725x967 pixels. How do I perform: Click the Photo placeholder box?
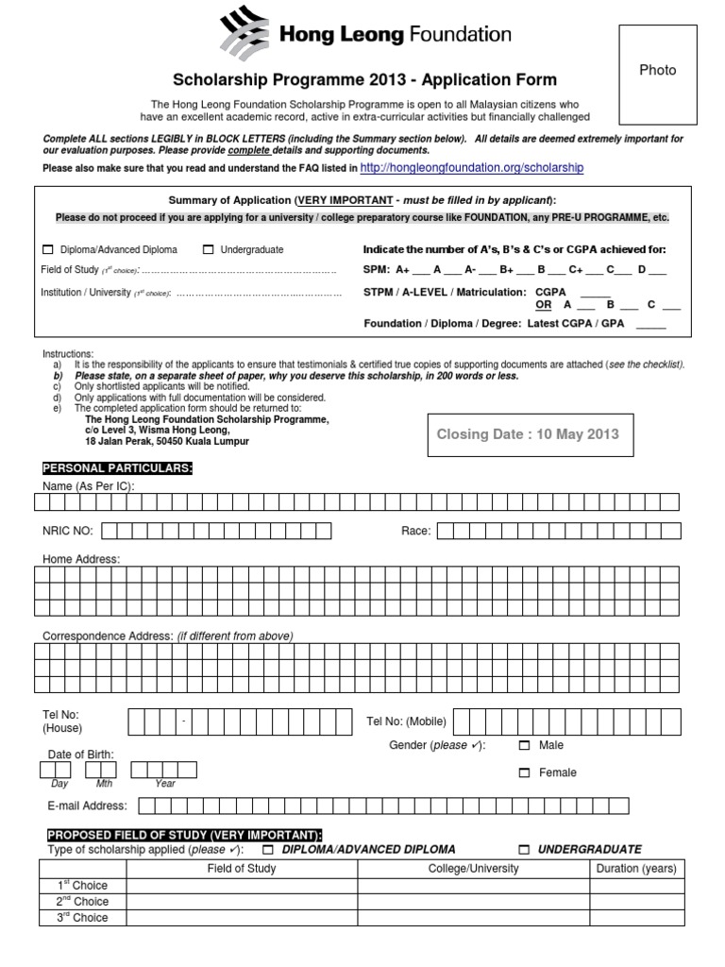pyautogui.click(x=657, y=75)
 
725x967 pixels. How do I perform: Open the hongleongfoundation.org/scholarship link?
pyautogui.click(x=472, y=168)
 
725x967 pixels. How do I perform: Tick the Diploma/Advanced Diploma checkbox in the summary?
pyautogui.click(x=48, y=250)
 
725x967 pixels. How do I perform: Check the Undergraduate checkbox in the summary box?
pyautogui.click(x=208, y=250)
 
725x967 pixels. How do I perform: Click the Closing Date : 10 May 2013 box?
pyautogui.click(x=528, y=433)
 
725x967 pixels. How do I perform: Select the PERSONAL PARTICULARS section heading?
pyautogui.click(x=117, y=468)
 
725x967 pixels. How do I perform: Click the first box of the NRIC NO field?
pyautogui.click(x=109, y=531)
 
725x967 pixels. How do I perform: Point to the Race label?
pyautogui.click(x=415, y=531)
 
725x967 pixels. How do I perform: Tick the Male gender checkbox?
pyautogui.click(x=525, y=746)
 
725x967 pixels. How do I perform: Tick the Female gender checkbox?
pyautogui.click(x=525, y=773)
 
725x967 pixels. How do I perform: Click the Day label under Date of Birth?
pyautogui.click(x=60, y=784)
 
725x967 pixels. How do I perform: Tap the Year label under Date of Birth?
pyautogui.click(x=165, y=784)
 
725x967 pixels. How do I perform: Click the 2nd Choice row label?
pyautogui.click(x=83, y=901)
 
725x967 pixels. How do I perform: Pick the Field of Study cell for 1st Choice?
pyautogui.click(x=241, y=885)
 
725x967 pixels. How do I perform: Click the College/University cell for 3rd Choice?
pyautogui.click(x=473, y=917)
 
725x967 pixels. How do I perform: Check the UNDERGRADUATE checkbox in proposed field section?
pyautogui.click(x=525, y=850)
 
